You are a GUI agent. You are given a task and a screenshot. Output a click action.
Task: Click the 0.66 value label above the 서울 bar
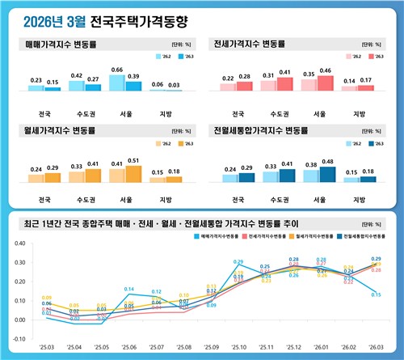coord(116,70)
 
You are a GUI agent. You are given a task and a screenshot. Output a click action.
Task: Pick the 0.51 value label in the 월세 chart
coord(133,160)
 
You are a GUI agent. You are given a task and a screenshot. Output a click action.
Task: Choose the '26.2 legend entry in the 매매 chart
coord(162,57)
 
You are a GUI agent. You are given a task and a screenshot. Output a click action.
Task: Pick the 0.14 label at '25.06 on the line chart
coord(128,289)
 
